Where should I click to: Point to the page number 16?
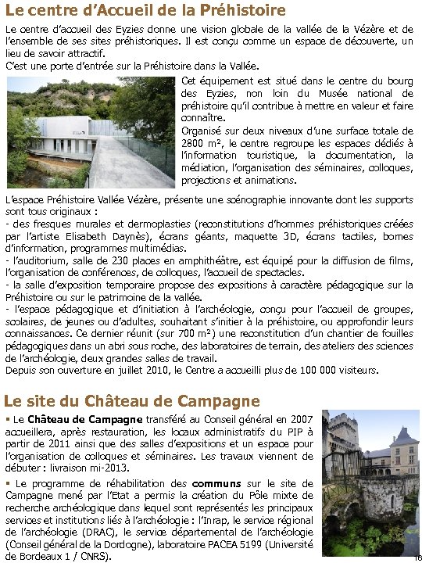point(414,555)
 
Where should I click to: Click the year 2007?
point(298,420)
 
